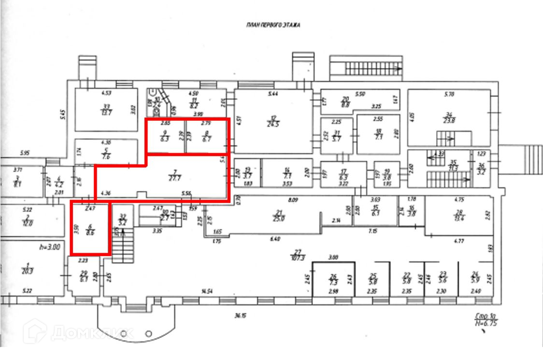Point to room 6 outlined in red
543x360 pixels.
90,227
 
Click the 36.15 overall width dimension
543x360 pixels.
238,316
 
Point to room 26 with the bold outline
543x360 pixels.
333,279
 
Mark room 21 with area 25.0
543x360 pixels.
279,216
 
